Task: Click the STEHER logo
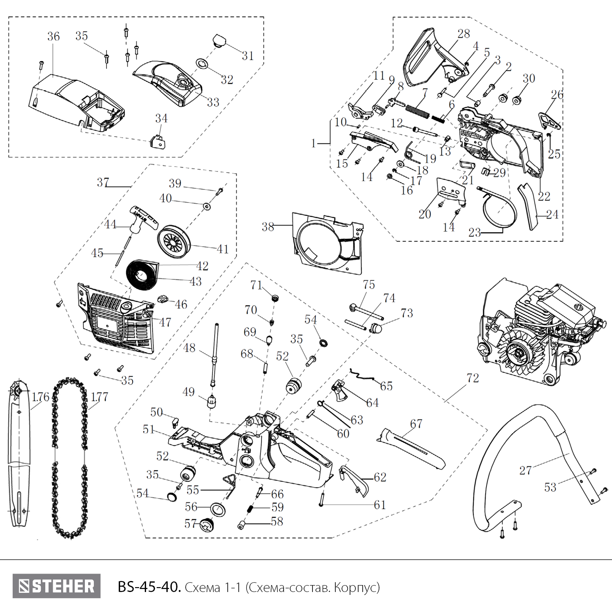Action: point(56,586)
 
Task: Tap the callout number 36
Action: point(53,37)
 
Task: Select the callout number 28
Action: point(463,34)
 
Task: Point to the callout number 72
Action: point(472,378)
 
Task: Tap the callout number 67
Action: point(416,424)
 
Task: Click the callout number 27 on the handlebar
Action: point(526,470)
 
